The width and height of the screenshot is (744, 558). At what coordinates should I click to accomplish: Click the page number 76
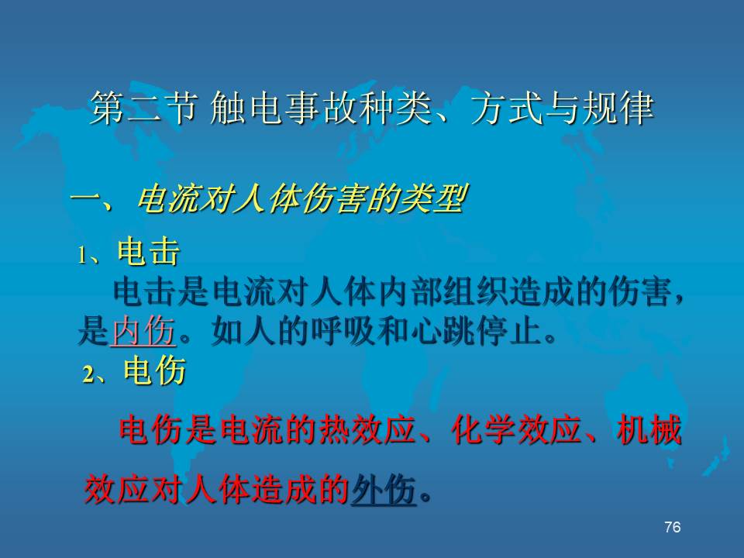pos(673,527)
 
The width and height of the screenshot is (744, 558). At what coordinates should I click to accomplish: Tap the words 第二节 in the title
pos(143,108)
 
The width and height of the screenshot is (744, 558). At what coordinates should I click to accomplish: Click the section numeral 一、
pos(92,199)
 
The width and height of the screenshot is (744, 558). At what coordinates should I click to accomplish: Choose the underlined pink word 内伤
pos(143,331)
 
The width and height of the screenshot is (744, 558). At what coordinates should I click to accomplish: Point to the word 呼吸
pos(343,331)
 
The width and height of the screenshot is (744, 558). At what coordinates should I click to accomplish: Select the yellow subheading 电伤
pos(155,370)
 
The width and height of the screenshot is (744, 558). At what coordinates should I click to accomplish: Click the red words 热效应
pos(369,430)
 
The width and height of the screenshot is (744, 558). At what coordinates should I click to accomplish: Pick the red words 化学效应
pos(517,430)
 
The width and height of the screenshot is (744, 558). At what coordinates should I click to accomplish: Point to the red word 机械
pos(649,430)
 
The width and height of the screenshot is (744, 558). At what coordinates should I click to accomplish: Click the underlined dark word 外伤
pos(384,490)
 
